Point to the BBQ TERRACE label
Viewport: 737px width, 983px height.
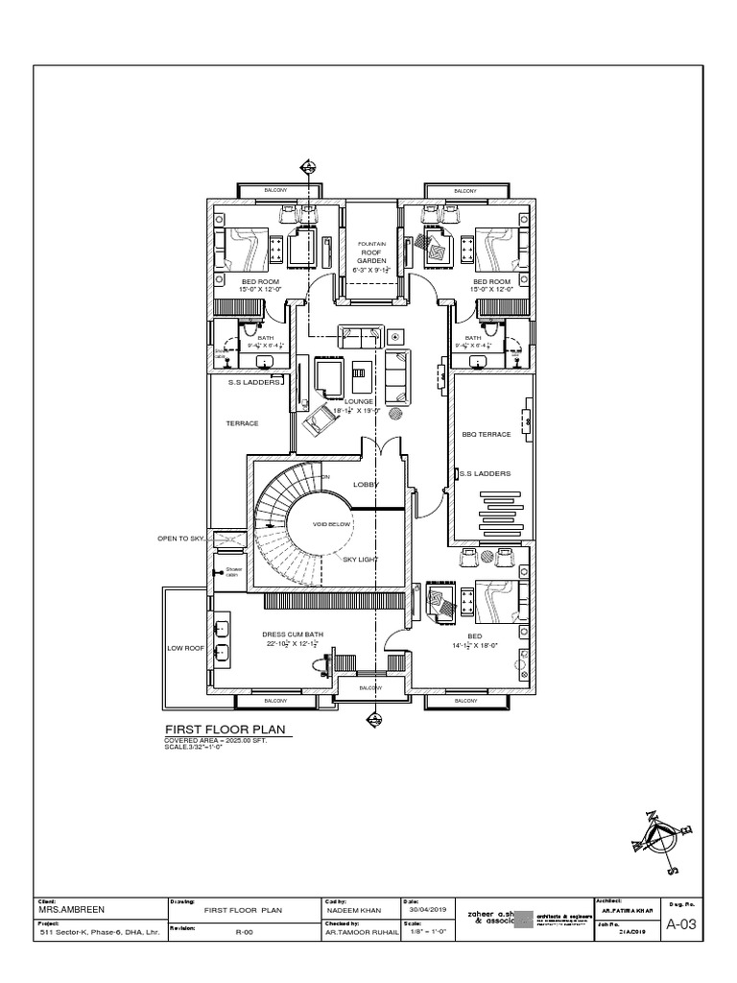487,435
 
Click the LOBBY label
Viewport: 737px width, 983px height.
368,485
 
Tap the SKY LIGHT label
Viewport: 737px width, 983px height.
360,558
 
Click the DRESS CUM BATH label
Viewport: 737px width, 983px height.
293,635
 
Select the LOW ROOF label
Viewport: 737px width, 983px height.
187,649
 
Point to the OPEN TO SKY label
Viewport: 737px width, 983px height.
181,539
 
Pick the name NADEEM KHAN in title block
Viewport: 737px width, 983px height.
354,910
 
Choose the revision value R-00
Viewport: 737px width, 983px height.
242,932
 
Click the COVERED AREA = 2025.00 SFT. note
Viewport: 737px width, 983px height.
214,743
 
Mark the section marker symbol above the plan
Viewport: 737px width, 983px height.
308,167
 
